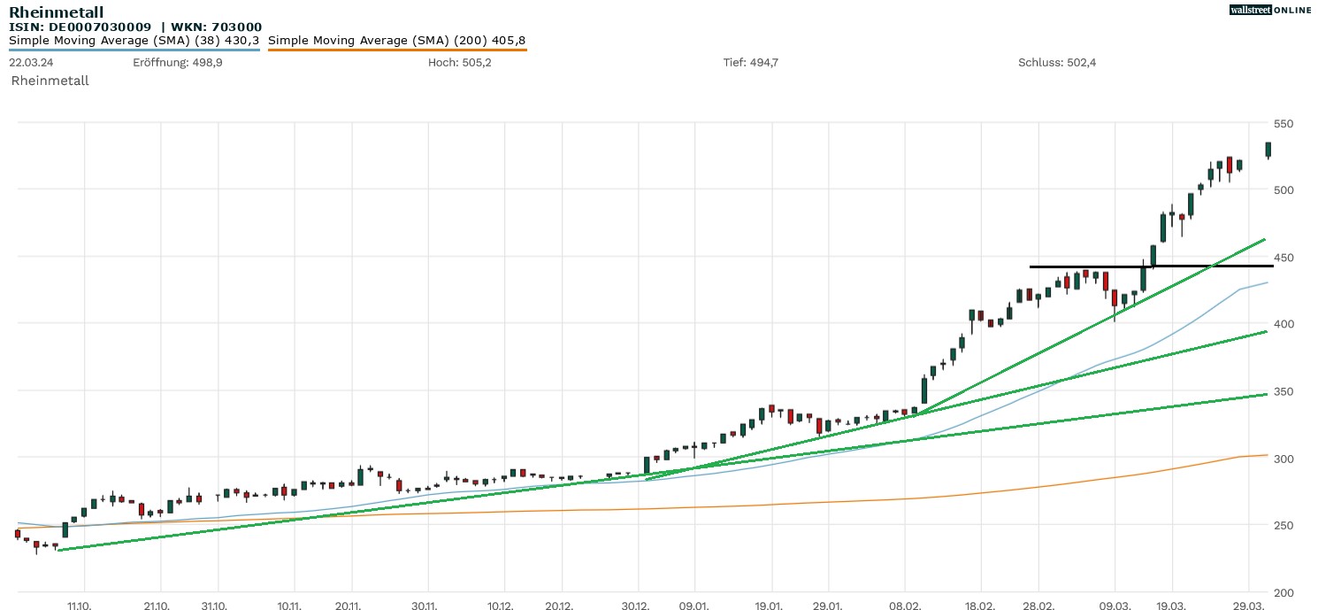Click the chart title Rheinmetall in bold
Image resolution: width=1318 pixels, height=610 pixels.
[x=56, y=12]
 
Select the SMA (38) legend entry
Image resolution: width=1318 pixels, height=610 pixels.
[x=134, y=41]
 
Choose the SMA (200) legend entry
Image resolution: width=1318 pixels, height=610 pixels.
[x=396, y=41]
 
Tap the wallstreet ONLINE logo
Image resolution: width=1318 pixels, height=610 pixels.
[x=1270, y=10]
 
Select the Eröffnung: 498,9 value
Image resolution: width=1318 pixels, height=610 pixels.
[x=177, y=62]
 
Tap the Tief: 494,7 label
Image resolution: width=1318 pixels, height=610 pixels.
[x=750, y=62]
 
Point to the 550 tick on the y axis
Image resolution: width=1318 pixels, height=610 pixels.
[x=1285, y=123]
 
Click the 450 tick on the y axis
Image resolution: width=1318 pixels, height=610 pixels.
[x=1285, y=258]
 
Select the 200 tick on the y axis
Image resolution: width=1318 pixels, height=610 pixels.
[x=1285, y=592]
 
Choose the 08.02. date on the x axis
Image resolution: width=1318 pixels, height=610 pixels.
[x=904, y=606]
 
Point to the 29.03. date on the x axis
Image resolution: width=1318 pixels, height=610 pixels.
[x=1248, y=606]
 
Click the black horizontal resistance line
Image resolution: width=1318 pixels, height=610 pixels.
[x=1150, y=266]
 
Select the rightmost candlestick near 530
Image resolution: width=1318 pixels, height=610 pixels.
[x=1268, y=150]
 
